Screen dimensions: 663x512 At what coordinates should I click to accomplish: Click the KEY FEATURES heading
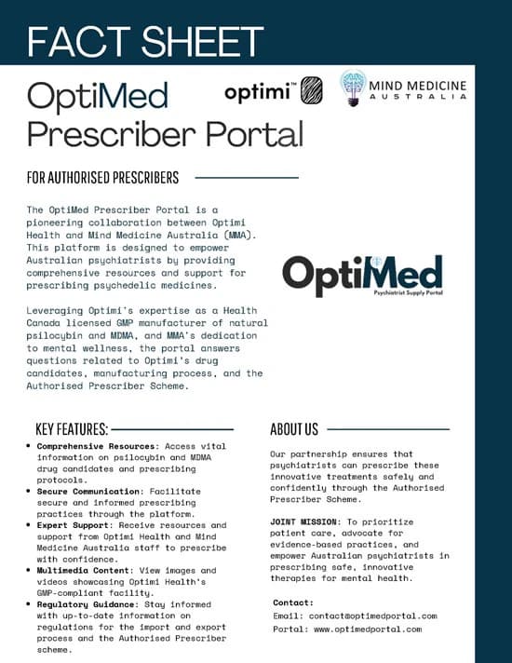[x=72, y=429]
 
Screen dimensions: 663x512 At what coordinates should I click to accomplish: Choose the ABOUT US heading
[x=294, y=429]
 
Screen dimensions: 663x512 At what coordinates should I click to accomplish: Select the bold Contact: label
[x=293, y=602]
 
